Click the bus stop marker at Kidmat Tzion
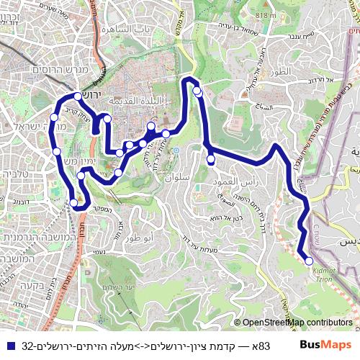point(309,261)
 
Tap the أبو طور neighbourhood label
point(138,238)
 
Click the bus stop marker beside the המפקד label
point(74,203)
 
